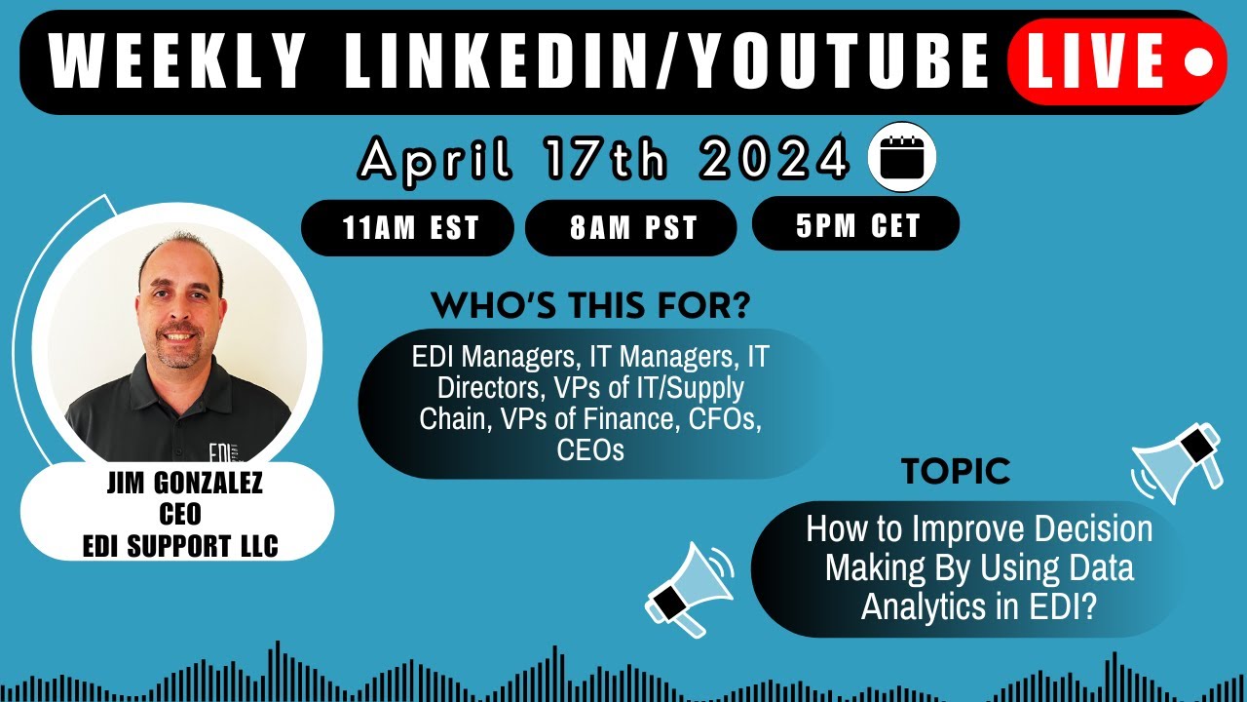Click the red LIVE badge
[x=1115, y=61]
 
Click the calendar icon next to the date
[x=901, y=158]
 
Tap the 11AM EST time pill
[x=410, y=228]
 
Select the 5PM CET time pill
[x=857, y=225]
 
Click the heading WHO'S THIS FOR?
[x=590, y=306]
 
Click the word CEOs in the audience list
[x=590, y=450]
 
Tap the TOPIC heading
[x=955, y=472]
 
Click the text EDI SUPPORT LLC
[x=180, y=546]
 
